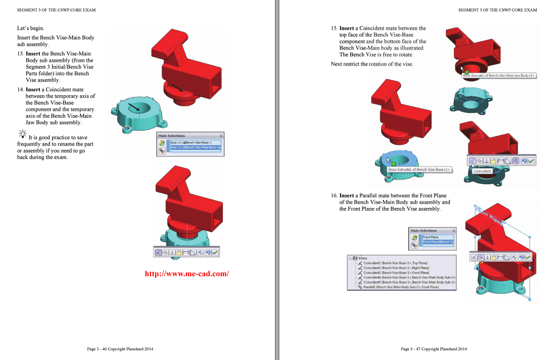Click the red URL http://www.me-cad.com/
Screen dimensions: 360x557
[x=186, y=274]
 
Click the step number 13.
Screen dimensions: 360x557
[x=20, y=54]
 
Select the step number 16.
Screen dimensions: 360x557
[x=334, y=196]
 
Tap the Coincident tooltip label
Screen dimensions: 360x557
[x=482, y=171]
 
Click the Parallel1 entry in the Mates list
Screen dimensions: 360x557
[x=400, y=287]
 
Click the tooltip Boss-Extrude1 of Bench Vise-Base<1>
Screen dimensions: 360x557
[x=419, y=169]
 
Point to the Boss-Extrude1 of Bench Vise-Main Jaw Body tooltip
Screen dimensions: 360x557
[x=499, y=76]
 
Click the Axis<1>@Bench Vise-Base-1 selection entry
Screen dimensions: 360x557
[x=191, y=142]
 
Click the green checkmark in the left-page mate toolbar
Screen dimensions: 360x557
[x=215, y=252]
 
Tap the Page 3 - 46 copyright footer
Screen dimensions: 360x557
[x=120, y=349]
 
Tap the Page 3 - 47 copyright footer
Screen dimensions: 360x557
[x=433, y=349]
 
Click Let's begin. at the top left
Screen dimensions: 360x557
[x=31, y=28]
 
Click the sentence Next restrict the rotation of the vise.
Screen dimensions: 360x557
[x=372, y=64]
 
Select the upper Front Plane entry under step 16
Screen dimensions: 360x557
[x=431, y=237]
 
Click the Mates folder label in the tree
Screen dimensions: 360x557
[x=363, y=258]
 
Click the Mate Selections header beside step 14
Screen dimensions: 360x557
[x=171, y=136]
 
